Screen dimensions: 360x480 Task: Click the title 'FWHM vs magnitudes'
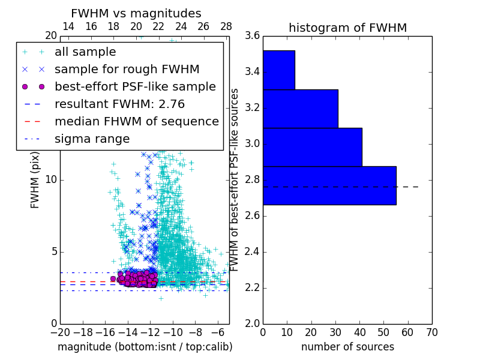click(x=136, y=13)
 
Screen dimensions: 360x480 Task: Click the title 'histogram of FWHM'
click(x=347, y=28)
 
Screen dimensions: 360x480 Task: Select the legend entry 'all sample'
click(x=85, y=52)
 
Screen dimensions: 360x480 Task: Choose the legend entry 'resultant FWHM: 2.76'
click(x=119, y=104)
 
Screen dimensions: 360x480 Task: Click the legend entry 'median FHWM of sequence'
click(x=136, y=121)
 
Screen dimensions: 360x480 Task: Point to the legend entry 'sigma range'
click(x=92, y=139)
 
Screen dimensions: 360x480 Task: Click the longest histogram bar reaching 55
click(x=329, y=185)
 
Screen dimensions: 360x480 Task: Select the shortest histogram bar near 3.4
click(x=279, y=70)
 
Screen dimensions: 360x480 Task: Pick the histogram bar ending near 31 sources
click(x=301, y=109)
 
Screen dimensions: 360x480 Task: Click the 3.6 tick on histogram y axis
click(x=253, y=36)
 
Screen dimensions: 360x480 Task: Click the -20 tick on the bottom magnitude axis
click(x=60, y=332)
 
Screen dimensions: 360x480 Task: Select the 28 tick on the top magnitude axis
click(x=226, y=26)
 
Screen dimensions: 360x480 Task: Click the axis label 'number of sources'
click(x=347, y=347)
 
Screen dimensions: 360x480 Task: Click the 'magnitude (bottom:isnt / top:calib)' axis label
click(x=145, y=347)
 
